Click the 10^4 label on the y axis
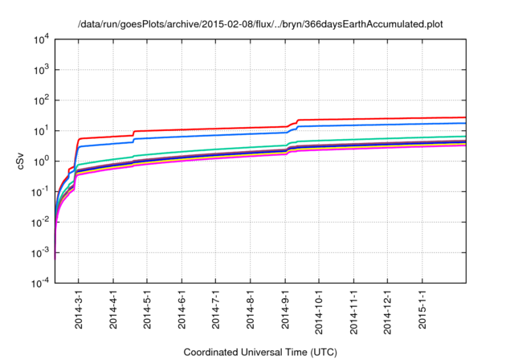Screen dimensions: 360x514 (x=39, y=39)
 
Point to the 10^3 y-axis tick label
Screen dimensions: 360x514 (x=39, y=70)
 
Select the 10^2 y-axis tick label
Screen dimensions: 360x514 (x=39, y=100)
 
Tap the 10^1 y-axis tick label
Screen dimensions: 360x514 (x=39, y=131)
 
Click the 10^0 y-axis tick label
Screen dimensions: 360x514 (x=39, y=162)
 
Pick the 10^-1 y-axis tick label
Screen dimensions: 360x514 (x=39, y=192)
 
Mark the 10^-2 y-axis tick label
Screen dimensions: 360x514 (x=39, y=223)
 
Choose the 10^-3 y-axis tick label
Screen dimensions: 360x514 (x=39, y=253)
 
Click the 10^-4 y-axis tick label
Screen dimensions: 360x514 (x=39, y=284)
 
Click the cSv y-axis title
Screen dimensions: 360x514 (x=19, y=162)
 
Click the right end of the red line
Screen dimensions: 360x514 (x=465, y=117)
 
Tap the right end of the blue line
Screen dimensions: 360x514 (x=465, y=123)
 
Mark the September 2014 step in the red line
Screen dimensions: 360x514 (x=296, y=122)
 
